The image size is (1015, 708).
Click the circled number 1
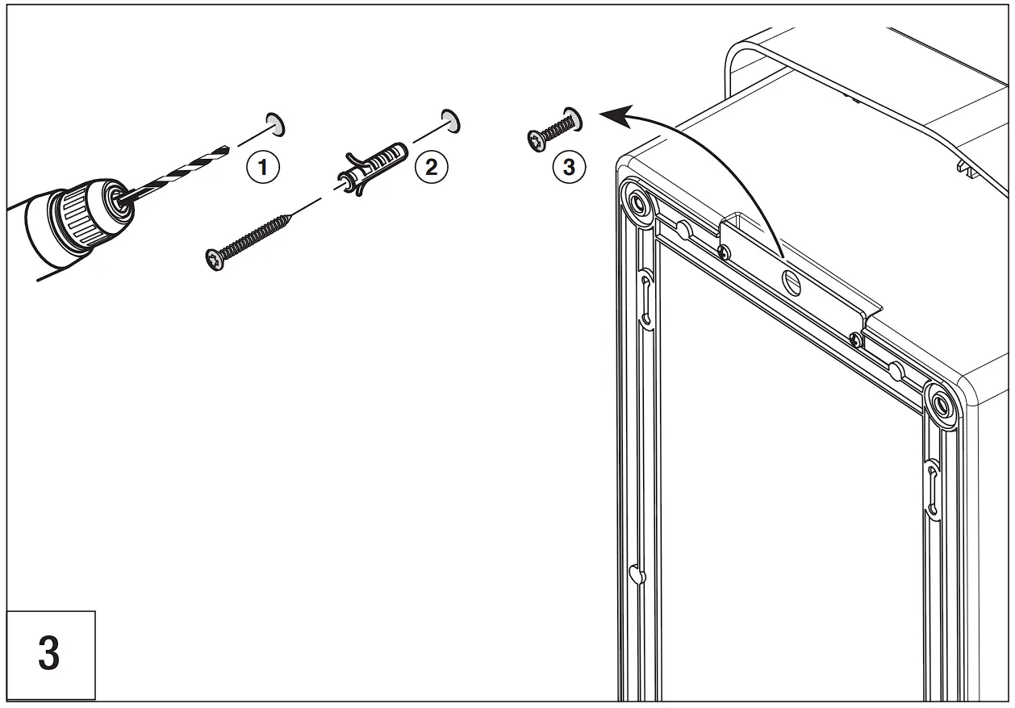(x=263, y=169)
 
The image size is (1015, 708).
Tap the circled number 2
(x=431, y=168)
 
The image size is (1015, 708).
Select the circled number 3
(x=569, y=168)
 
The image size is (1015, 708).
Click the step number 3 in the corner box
(x=48, y=654)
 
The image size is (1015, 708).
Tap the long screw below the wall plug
(x=250, y=239)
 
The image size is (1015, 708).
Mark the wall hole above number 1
(x=275, y=123)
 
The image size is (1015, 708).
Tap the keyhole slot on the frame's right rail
(x=932, y=487)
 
